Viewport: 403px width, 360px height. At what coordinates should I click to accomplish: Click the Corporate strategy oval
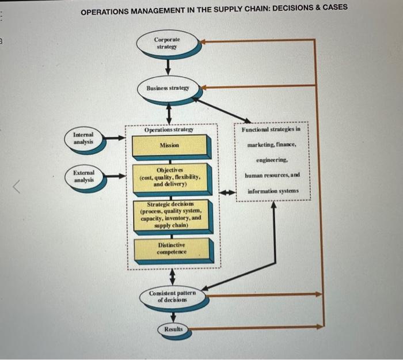coord(168,43)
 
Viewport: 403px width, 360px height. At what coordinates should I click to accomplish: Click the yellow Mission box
coord(170,146)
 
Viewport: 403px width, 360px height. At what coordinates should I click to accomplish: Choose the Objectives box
coord(170,177)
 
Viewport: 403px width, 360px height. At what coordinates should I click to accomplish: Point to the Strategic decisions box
coord(170,215)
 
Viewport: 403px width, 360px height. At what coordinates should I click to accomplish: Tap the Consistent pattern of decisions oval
coord(172,296)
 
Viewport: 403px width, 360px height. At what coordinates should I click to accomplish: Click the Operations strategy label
coord(169,131)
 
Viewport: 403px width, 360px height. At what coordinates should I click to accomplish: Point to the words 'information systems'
coord(273,191)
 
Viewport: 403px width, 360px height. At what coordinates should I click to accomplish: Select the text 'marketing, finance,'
coord(272,145)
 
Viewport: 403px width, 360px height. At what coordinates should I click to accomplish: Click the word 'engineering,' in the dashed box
coord(272,161)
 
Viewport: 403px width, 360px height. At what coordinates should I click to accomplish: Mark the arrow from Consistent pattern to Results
coord(173,314)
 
